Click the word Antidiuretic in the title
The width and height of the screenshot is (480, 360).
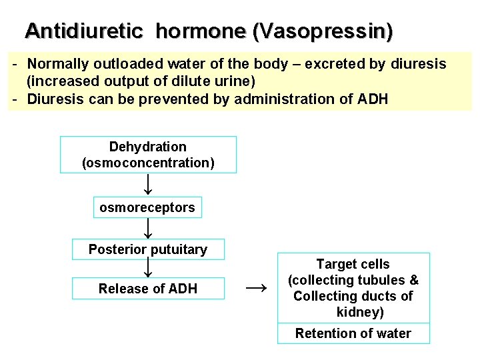pos(83,31)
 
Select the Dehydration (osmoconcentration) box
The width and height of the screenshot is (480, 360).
pos(148,155)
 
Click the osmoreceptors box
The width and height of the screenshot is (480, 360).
pos(147,207)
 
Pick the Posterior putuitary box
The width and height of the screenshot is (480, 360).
pos(148,249)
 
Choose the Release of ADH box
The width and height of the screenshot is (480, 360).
pos(148,289)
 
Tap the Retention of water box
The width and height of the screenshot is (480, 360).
pos(353,333)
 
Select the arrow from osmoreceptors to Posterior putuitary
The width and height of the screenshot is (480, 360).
pos(148,228)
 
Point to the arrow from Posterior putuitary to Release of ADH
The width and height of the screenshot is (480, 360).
pos(148,268)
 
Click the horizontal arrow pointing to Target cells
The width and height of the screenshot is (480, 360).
pos(256,287)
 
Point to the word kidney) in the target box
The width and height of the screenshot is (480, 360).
pos(360,312)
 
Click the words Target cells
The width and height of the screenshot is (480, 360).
pos(353,264)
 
